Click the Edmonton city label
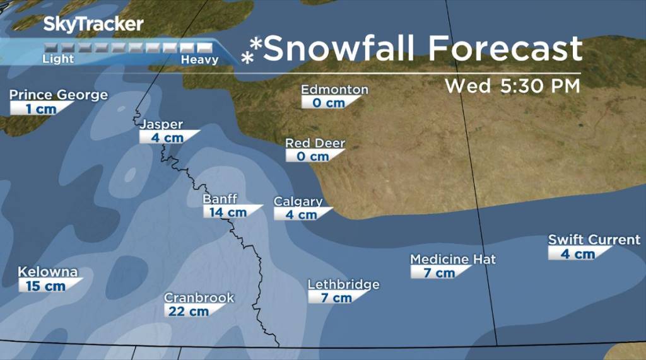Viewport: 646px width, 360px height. pyautogui.click(x=334, y=90)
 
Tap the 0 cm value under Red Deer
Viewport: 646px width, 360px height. pyautogui.click(x=313, y=156)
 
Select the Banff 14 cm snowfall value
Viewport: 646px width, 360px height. pyautogui.click(x=228, y=212)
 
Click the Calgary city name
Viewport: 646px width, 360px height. pyautogui.click(x=298, y=202)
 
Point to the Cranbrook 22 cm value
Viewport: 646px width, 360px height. pyautogui.click(x=187, y=311)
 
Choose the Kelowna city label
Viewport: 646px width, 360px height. pyautogui.click(x=48, y=272)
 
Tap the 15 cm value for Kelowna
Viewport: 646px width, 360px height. pyautogui.click(x=45, y=286)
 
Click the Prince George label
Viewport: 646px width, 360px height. pyautogui.click(x=59, y=95)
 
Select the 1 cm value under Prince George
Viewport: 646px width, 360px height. pyautogui.click(x=41, y=109)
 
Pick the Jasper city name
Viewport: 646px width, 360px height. pyautogui.click(x=161, y=124)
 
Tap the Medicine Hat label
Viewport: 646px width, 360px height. pyautogui.click(x=453, y=259)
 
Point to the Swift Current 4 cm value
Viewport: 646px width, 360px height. pyautogui.click(x=577, y=254)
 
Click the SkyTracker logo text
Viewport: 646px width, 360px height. pyautogui.click(x=93, y=25)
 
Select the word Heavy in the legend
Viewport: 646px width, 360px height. pyautogui.click(x=199, y=60)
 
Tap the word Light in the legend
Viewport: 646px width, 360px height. pyautogui.click(x=58, y=59)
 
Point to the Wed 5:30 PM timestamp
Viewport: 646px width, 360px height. pyautogui.click(x=512, y=86)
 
